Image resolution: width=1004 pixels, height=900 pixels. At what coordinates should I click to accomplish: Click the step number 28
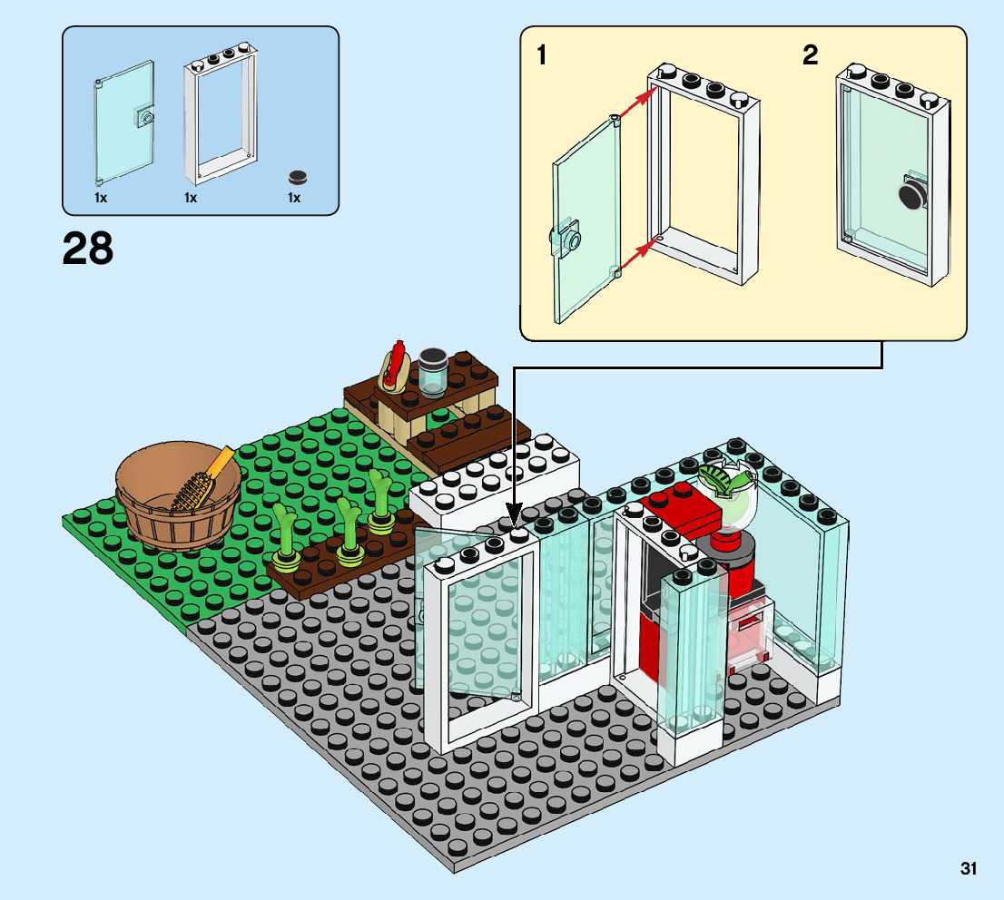click(88, 248)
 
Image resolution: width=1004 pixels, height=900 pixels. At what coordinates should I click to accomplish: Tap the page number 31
click(969, 869)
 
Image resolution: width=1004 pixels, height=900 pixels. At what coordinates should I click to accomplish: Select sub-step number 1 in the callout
click(542, 56)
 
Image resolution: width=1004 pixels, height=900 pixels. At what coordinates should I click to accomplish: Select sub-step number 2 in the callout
click(810, 56)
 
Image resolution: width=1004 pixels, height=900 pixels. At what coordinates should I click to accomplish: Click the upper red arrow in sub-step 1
click(634, 103)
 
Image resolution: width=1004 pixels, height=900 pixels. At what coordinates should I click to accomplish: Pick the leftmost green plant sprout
click(287, 542)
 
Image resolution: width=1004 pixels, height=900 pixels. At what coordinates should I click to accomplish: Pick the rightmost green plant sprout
click(380, 499)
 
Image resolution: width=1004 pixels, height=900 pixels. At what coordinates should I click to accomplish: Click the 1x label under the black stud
click(293, 197)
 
